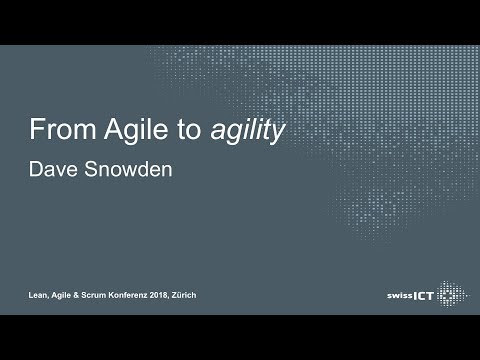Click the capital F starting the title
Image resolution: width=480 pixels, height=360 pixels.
click(x=36, y=130)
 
